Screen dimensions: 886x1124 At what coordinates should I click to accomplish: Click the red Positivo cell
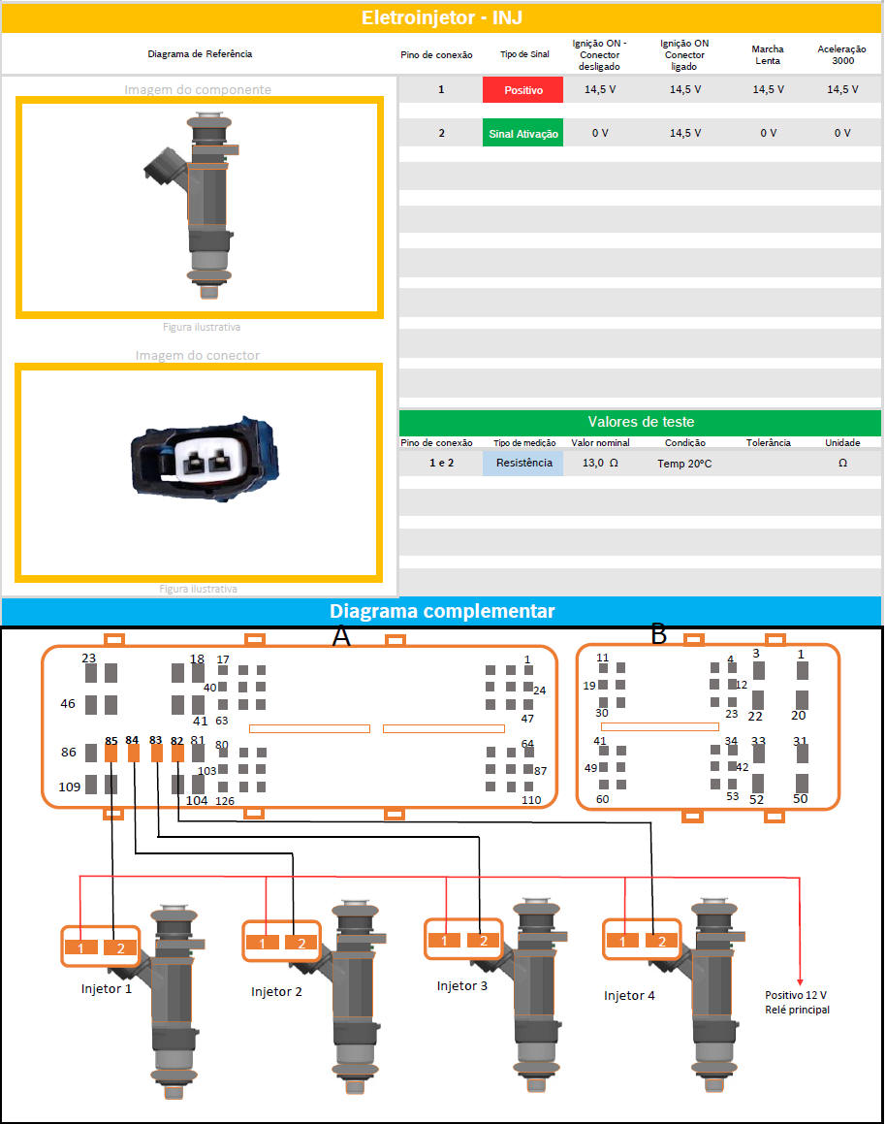[x=522, y=89]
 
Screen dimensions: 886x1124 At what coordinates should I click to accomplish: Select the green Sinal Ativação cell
[x=522, y=133]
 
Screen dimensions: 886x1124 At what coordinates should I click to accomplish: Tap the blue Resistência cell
[x=522, y=463]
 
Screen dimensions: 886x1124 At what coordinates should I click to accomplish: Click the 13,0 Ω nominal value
[x=600, y=463]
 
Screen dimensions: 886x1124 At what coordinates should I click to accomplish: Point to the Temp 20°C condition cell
[x=684, y=464]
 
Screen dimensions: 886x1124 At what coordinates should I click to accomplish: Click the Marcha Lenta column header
[x=768, y=54]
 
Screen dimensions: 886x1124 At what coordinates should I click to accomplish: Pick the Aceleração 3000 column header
[x=842, y=54]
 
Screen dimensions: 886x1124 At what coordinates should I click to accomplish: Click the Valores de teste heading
[x=641, y=422]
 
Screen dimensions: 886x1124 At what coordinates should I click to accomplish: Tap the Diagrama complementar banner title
[x=442, y=611]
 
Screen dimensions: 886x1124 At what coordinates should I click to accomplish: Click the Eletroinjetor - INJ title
[x=442, y=17]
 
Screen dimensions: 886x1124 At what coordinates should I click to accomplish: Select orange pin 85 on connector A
[x=111, y=753]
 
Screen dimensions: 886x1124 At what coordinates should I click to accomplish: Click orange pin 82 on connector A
[x=177, y=753]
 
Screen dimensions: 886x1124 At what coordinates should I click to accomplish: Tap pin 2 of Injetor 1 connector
[x=120, y=947]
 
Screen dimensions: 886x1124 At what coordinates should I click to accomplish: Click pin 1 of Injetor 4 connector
[x=622, y=941]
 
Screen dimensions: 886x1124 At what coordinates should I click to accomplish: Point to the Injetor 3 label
[x=462, y=985]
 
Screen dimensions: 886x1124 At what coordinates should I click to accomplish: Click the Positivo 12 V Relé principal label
[x=797, y=1002]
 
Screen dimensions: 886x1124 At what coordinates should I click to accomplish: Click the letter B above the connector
[x=659, y=633]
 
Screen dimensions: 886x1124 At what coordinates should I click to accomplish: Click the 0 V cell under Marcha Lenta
[x=768, y=133]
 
